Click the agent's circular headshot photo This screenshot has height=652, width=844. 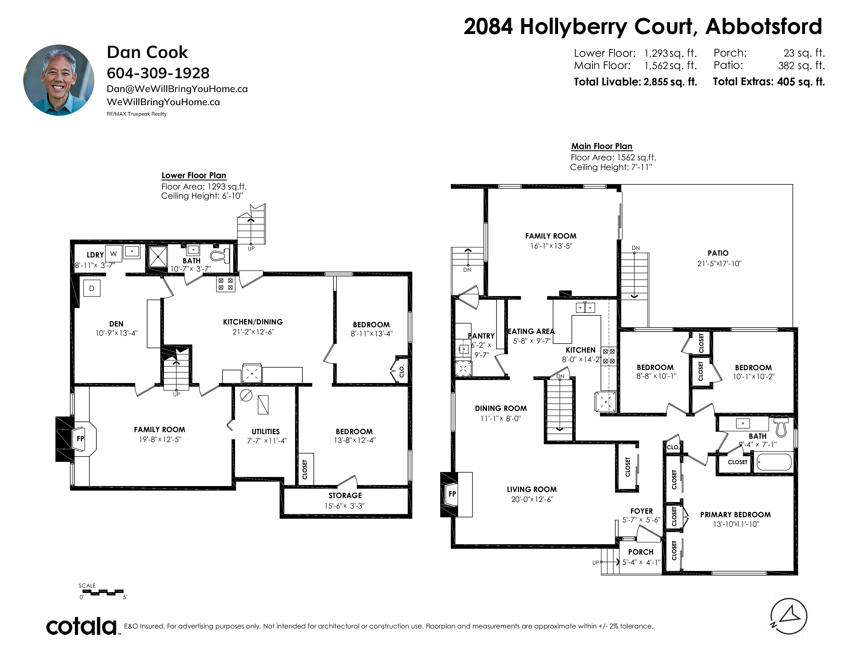(x=59, y=80)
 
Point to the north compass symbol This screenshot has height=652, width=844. (x=789, y=616)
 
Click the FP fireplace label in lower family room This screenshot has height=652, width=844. (x=80, y=439)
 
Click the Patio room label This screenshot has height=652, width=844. (x=718, y=253)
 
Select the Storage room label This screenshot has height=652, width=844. (x=345, y=495)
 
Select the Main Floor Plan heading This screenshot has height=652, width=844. (x=602, y=147)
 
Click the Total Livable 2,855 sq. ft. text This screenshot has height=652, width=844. (x=635, y=82)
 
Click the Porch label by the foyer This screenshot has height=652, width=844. (x=641, y=552)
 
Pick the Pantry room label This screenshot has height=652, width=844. (x=482, y=336)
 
